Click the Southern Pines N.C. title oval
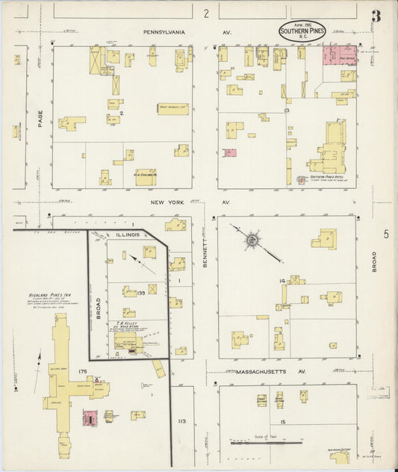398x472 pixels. pos(302,31)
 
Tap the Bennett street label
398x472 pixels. pos(204,253)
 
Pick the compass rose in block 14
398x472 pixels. pos(252,240)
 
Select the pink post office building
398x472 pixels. pos(338,54)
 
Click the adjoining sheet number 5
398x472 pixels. pos(386,235)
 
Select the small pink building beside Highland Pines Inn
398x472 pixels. pos(90,418)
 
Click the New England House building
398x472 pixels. pos(146,177)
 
